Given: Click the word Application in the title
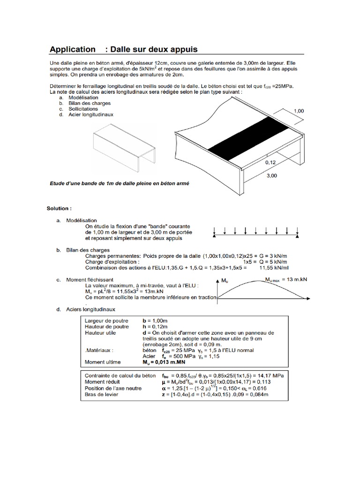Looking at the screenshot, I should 72,49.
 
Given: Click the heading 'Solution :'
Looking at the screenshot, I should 59,208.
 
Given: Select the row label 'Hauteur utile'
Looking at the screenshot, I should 101,332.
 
